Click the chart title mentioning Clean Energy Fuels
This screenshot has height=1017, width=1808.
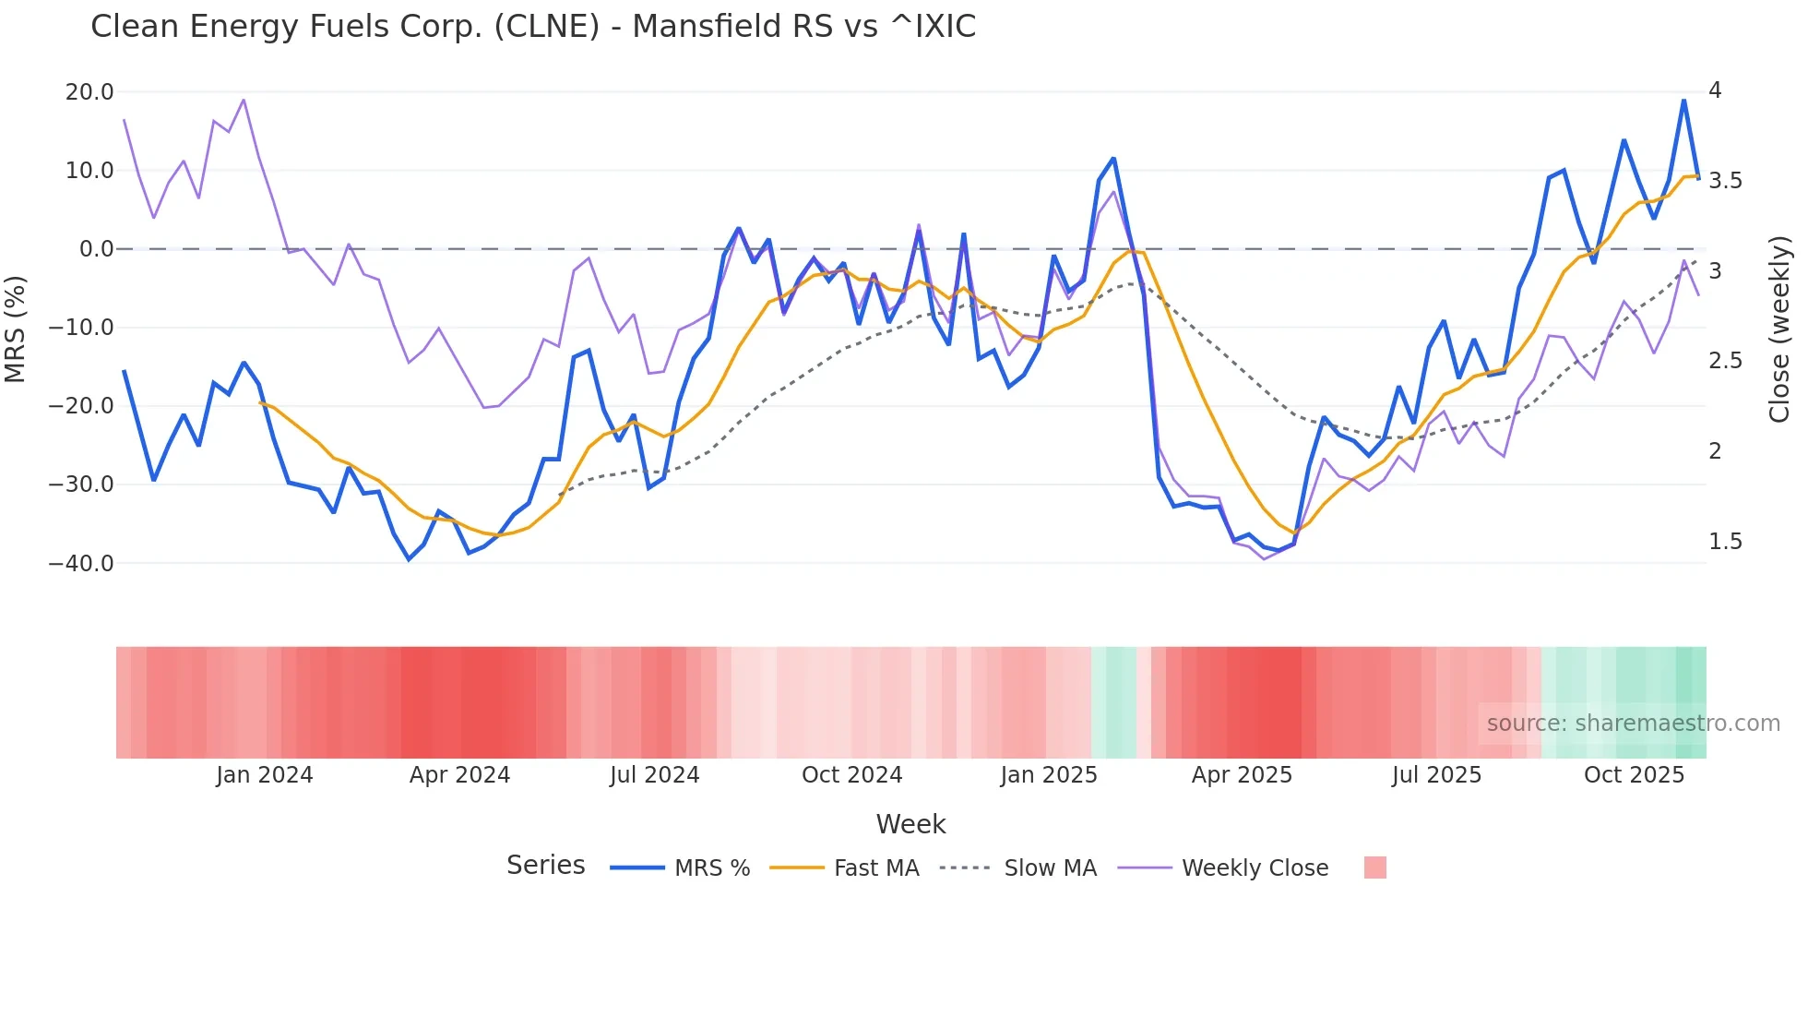[533, 26]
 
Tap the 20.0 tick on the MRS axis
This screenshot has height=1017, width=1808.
[89, 92]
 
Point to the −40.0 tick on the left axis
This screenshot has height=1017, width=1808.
[81, 563]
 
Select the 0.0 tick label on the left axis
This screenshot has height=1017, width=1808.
[96, 249]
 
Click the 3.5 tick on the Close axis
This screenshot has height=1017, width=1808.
[1726, 181]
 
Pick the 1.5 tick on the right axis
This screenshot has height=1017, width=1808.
[1726, 542]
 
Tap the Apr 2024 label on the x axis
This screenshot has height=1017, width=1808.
[459, 775]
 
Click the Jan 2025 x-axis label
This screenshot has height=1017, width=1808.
[1049, 775]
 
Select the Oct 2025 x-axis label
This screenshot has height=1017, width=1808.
[1634, 775]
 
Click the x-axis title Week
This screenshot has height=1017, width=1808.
[910, 824]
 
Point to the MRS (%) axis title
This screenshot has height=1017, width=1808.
[16, 329]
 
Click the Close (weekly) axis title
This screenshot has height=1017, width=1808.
[1779, 329]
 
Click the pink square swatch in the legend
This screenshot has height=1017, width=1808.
[1374, 867]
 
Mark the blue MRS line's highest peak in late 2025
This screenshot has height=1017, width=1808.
[1683, 101]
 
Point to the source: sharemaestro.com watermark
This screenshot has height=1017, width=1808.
[1633, 724]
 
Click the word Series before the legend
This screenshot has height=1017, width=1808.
[545, 866]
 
